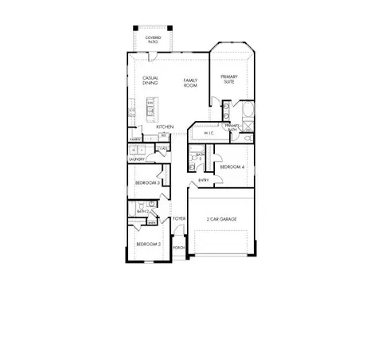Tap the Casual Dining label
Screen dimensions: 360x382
(x=150, y=80)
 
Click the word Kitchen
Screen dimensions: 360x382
(x=165, y=127)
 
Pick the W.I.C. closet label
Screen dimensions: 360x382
(x=209, y=134)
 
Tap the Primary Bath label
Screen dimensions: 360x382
(x=232, y=127)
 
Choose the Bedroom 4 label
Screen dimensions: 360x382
(x=232, y=166)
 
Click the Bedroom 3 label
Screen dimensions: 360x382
(x=147, y=183)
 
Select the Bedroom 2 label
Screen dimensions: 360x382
(x=148, y=244)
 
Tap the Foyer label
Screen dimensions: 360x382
(x=179, y=218)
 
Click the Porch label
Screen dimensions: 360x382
(x=179, y=248)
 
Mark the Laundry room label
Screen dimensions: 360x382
(x=136, y=159)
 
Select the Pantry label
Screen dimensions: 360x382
(x=134, y=140)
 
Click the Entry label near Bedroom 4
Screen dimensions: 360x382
(x=204, y=181)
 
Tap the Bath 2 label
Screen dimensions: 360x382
(x=143, y=212)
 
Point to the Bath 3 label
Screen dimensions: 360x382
(x=201, y=157)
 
